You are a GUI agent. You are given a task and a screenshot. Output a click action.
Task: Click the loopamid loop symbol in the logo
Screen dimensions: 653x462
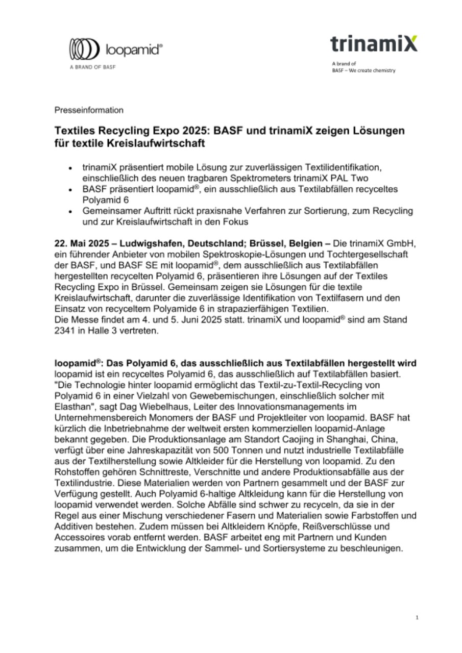click(x=84, y=50)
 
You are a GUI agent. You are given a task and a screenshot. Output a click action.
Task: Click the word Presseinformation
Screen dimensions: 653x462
click(x=89, y=110)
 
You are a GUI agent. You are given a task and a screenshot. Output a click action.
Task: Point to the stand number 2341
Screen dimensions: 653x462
click(x=65, y=330)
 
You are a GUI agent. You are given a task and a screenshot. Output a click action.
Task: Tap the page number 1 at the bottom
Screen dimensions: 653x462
click(x=417, y=618)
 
